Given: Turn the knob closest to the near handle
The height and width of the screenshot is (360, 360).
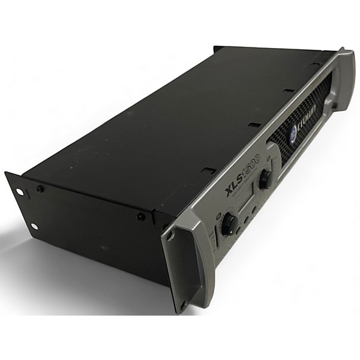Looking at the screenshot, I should pyautogui.click(x=229, y=224).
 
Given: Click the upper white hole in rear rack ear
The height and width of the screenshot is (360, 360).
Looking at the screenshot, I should pyautogui.click(x=19, y=192).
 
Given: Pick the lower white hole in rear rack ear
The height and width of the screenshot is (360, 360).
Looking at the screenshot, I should pyautogui.click(x=34, y=226).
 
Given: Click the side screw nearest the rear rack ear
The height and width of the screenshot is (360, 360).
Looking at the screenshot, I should pyautogui.click(x=40, y=188).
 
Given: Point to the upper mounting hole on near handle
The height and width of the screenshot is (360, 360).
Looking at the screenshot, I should pyautogui.click(x=170, y=236).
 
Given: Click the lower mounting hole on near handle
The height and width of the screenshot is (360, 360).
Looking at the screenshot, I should pyautogui.click(x=184, y=303).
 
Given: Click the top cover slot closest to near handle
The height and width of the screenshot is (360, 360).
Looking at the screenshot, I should pyautogui.click(x=208, y=170).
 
